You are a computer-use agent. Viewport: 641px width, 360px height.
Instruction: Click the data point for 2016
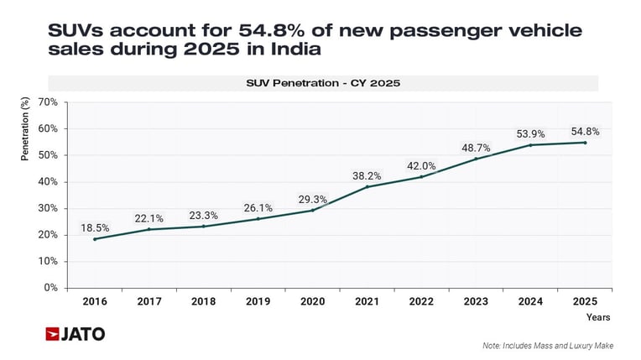click(x=95, y=239)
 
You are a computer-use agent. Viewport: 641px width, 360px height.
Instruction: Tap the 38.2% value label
click(x=366, y=176)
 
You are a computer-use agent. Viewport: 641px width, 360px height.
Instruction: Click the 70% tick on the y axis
click(x=48, y=102)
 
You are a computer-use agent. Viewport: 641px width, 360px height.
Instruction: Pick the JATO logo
click(x=76, y=333)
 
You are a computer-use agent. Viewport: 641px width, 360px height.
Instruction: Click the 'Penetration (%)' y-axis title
click(x=24, y=129)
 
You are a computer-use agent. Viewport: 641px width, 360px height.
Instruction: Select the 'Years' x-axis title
click(x=597, y=317)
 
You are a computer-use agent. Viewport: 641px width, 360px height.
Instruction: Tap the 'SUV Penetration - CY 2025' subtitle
click(x=323, y=83)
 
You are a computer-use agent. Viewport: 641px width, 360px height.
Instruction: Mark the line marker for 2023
click(x=476, y=159)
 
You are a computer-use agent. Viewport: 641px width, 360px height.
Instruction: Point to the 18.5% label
click(x=94, y=227)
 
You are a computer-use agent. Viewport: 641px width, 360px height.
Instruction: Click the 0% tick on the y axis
click(x=50, y=288)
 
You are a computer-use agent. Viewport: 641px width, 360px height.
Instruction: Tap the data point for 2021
click(x=367, y=186)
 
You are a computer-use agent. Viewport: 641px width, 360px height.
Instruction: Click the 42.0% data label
click(x=421, y=166)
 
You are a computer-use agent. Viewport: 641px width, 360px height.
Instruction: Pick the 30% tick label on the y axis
click(x=48, y=208)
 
